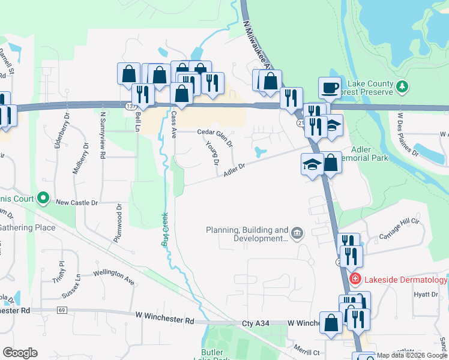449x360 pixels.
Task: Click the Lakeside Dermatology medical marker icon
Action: (355, 279)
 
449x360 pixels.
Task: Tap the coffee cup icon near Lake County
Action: (329, 88)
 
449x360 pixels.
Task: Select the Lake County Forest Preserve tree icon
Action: (402, 88)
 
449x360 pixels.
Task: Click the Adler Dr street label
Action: (235, 170)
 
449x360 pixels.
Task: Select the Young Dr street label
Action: (211, 154)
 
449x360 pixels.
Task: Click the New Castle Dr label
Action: (76, 203)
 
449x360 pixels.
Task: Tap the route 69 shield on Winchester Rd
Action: (62, 310)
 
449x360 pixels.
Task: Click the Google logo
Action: (20, 353)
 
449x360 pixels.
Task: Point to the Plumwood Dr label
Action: (118, 223)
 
